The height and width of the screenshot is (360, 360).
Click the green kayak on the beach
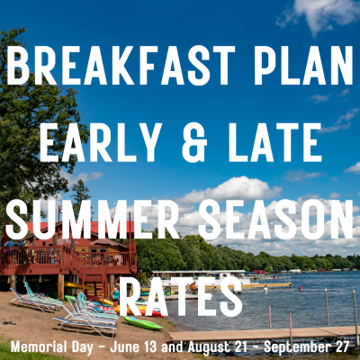[x=142, y=321]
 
